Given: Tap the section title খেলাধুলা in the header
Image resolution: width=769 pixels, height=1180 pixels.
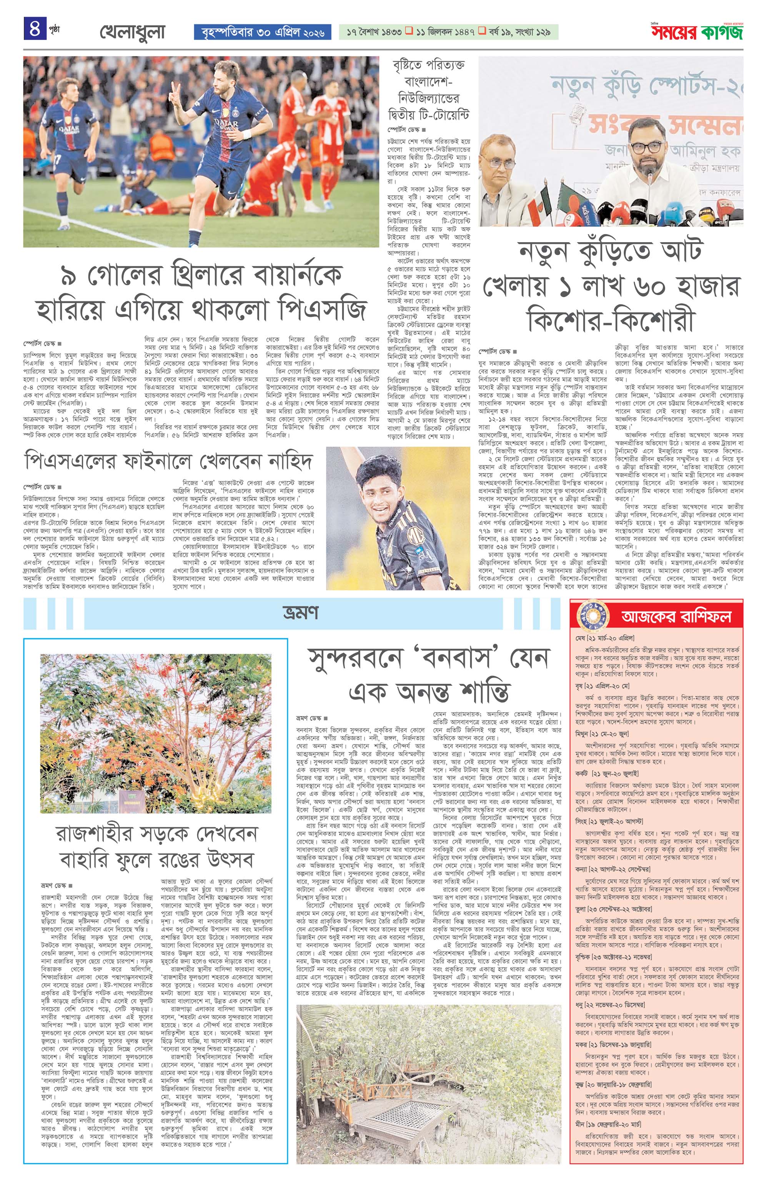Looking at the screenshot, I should pyautogui.click(x=132, y=32).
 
